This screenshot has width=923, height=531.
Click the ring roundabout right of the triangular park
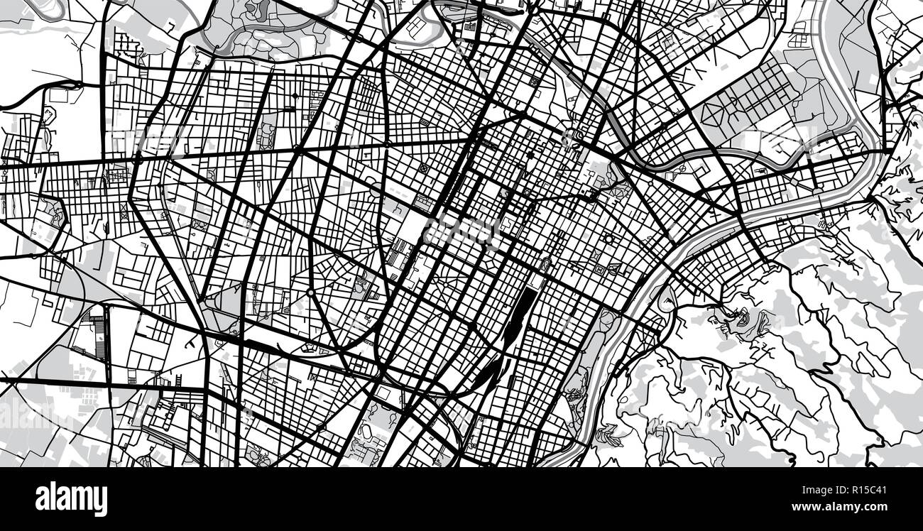tap(310, 292)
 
